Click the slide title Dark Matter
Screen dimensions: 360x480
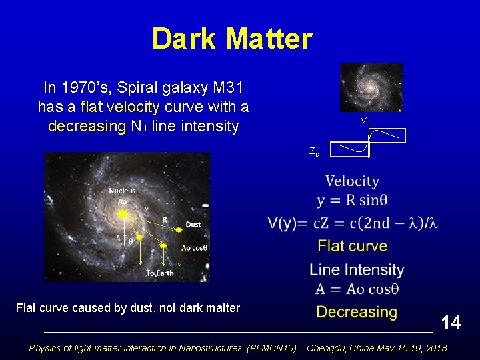231,39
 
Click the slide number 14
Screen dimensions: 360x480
451,323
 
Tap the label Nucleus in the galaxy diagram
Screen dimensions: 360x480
122,191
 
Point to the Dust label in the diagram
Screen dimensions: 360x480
193,225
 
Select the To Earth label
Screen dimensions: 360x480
159,273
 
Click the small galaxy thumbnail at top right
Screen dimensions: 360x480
371,87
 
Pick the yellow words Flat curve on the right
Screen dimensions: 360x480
352,246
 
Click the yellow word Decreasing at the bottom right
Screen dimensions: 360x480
356,312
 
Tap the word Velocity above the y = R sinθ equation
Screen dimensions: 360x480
352,181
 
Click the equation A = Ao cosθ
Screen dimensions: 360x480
357,290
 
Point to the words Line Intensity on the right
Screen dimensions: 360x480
357,270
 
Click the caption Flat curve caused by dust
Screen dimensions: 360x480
127,308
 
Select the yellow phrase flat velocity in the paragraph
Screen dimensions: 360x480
119,107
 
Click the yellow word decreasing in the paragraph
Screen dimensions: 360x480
86,127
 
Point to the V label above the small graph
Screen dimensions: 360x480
363,121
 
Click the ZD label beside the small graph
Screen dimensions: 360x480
314,152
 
